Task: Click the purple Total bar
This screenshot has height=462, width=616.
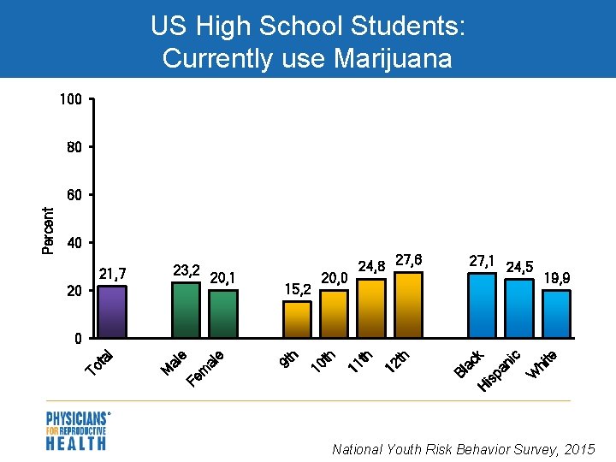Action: pos(112,311)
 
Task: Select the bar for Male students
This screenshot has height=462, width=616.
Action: pos(186,310)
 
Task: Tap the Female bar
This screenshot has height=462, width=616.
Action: pos(223,314)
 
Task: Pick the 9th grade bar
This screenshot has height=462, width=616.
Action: pos(297,319)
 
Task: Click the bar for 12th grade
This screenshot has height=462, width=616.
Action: pos(408,305)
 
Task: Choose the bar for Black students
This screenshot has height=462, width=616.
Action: pos(482,305)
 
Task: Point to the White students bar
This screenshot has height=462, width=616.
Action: pos(556,314)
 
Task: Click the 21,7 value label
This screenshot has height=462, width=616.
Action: pos(112,274)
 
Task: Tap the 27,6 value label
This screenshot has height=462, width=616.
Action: pos(408,259)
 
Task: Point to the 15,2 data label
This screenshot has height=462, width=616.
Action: pos(297,289)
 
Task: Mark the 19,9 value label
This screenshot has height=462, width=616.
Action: pos(556,278)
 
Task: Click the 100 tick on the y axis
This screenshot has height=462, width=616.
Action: pos(71,100)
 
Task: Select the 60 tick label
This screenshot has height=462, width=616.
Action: pos(74,195)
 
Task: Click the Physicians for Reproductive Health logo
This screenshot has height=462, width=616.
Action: pos(77,430)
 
